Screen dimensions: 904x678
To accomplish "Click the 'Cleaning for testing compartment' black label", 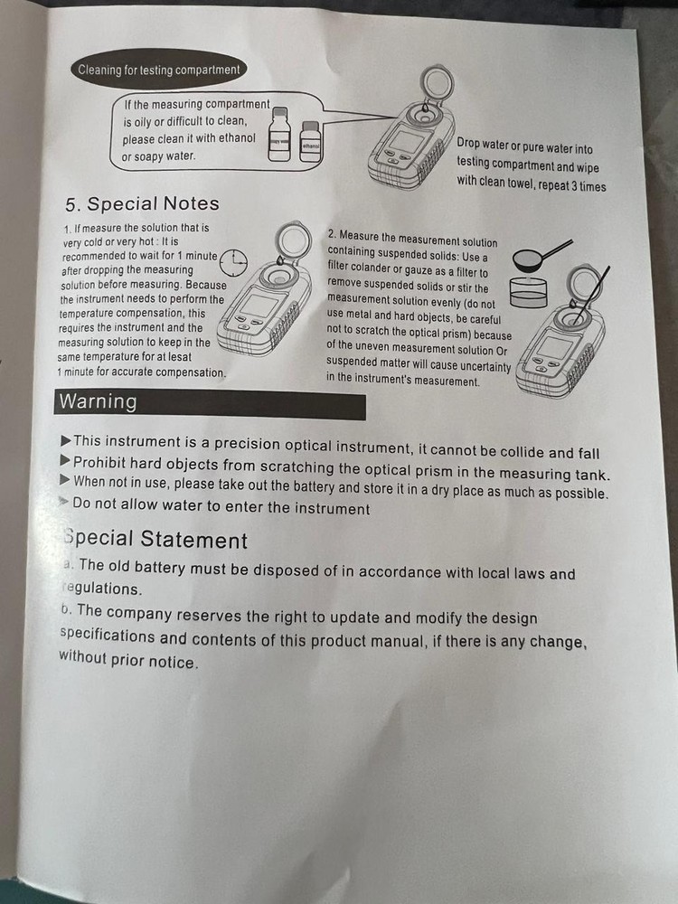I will (x=158, y=70).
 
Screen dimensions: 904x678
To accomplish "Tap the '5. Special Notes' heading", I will (x=142, y=204).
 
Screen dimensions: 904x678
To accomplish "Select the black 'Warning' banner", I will (x=211, y=402).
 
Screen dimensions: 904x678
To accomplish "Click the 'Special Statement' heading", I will (x=155, y=540).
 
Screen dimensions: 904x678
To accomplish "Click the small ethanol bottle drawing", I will (x=310, y=142).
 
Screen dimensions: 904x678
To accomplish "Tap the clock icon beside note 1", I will (x=234, y=261).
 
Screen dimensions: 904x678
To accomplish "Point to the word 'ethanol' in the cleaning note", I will (x=234, y=139).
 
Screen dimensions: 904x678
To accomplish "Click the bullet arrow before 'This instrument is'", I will (x=65, y=440).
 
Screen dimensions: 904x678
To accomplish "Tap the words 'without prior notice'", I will (x=127, y=660).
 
